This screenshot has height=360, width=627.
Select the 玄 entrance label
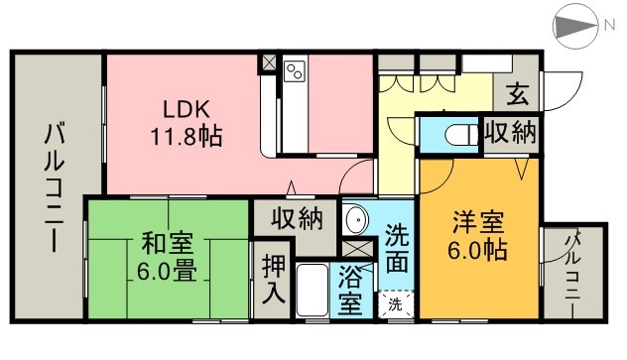point(517,95)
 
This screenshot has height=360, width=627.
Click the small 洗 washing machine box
point(396,302)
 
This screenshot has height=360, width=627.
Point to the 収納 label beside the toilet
point(510,133)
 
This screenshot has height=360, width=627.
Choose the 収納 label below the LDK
point(296,217)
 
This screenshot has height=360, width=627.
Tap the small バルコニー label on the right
point(574,268)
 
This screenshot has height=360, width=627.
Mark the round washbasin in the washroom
point(354,219)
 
